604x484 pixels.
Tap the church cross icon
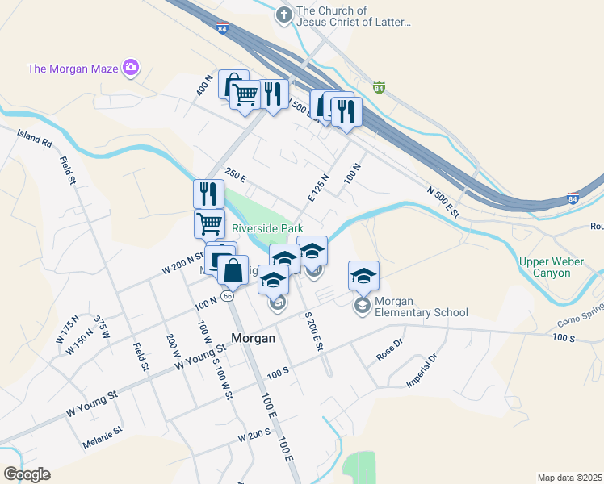click(283, 15)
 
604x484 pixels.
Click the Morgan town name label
click(253, 339)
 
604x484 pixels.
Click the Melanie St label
click(102, 442)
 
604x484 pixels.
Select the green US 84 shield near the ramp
click(378, 87)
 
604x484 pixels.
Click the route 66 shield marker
click(229, 296)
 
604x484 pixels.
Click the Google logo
click(27, 474)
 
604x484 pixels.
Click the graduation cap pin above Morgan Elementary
click(363, 276)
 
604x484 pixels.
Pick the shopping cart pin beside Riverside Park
click(209, 223)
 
